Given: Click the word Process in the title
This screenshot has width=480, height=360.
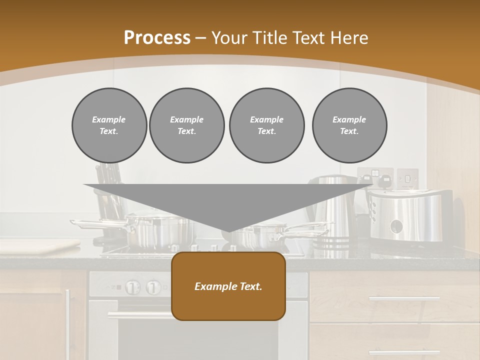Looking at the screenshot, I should click(x=157, y=38).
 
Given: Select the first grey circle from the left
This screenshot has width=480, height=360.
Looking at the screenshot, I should click(x=109, y=125).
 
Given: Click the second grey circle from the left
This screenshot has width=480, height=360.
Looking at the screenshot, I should click(x=186, y=125).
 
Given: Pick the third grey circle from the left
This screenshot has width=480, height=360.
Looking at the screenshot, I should click(x=266, y=125).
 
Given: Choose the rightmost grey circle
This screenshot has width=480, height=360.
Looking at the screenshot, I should click(x=349, y=125).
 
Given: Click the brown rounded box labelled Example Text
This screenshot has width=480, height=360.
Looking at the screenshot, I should click(x=228, y=286).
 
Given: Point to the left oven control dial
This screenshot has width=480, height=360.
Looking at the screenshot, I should click(x=132, y=287).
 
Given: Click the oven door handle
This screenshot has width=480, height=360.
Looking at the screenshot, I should click(x=140, y=315).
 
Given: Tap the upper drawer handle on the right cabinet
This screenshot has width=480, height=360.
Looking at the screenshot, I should click(x=404, y=298).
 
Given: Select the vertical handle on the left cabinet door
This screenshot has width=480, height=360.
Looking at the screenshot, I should click(x=68, y=320).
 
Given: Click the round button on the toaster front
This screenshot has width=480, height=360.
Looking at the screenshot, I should click(x=396, y=226).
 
